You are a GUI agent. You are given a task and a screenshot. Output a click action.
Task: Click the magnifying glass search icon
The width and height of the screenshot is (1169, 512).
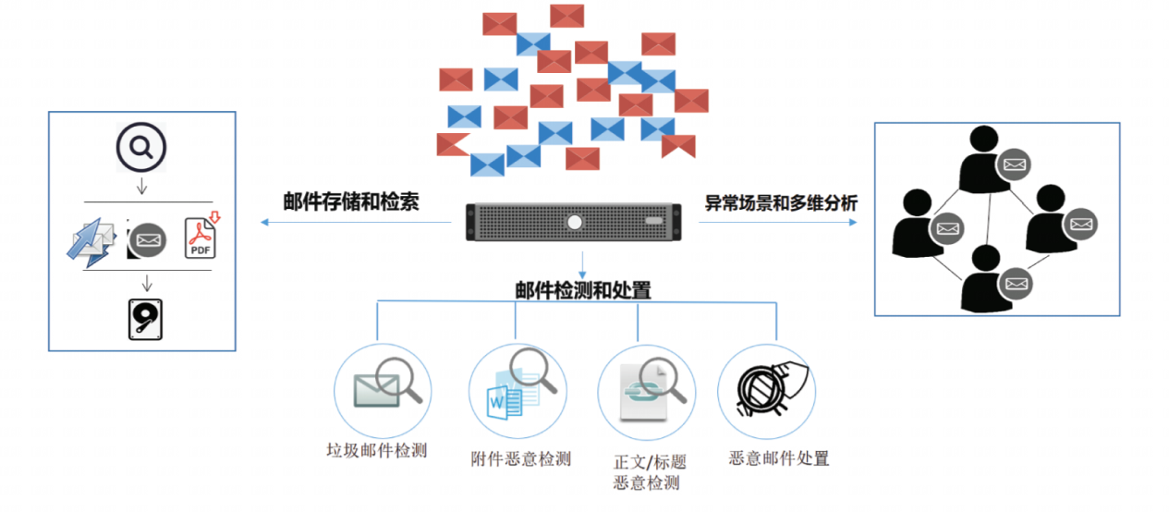[x=141, y=149]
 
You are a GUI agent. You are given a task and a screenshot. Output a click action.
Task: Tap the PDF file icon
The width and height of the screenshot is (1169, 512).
[x=201, y=238]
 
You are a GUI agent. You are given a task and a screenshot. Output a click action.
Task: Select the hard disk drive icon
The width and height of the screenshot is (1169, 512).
[x=144, y=317]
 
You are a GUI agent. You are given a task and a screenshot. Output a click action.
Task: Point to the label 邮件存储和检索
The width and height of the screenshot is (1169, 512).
[x=351, y=202]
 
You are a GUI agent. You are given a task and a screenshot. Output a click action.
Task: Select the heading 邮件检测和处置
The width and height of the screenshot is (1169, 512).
[x=582, y=290]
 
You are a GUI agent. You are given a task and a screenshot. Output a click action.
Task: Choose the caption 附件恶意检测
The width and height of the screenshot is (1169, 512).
[x=520, y=458]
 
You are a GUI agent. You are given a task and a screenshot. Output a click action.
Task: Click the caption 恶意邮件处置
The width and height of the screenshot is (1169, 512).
[x=778, y=458]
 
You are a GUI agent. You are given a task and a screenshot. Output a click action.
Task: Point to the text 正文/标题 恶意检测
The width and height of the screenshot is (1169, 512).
[x=650, y=471]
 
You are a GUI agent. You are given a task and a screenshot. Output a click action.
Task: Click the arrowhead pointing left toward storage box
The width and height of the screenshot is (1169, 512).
[x=264, y=223]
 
